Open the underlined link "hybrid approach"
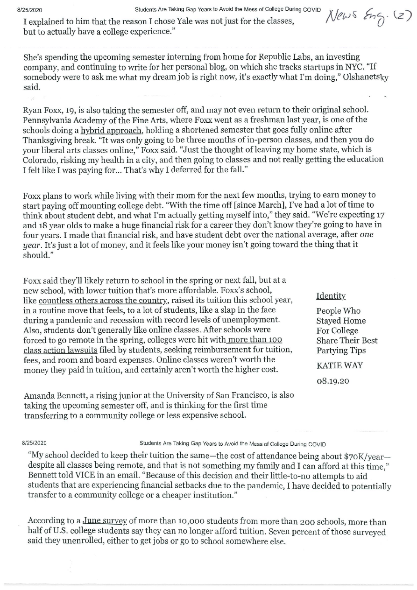coord(110,130)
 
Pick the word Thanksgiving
coord(49,140)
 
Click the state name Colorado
coord(41,160)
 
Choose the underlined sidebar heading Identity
coord(331,296)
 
